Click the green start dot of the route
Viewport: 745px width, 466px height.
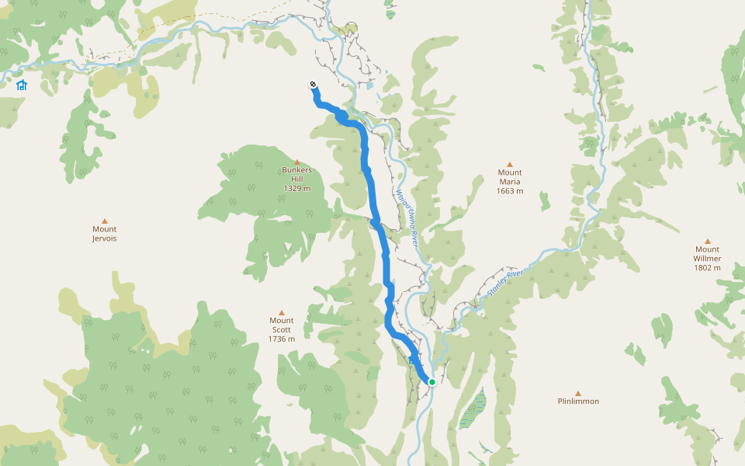(x=432, y=381)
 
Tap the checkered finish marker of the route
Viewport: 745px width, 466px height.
(x=313, y=85)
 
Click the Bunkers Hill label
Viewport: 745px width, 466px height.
(x=296, y=174)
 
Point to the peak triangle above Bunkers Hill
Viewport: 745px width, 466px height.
(x=296, y=162)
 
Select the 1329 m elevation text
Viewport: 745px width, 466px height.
(x=296, y=189)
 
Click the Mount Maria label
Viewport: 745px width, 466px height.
(x=510, y=177)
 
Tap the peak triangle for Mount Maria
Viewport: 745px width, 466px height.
(x=510, y=164)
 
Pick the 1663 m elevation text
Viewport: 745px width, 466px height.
(x=510, y=191)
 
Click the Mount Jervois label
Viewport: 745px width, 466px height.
(x=105, y=234)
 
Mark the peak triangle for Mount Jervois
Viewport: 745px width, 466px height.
(x=105, y=220)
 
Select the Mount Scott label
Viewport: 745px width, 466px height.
(x=282, y=325)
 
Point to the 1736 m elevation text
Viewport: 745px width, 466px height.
(x=282, y=339)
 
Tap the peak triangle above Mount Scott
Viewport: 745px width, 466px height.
(x=282, y=312)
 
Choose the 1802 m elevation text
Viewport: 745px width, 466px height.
(x=708, y=268)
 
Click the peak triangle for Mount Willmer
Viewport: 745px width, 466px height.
(x=708, y=241)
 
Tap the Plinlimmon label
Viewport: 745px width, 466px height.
(x=578, y=402)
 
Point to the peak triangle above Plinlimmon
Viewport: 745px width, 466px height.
(x=578, y=393)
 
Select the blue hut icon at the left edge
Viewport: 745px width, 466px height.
(x=22, y=85)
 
